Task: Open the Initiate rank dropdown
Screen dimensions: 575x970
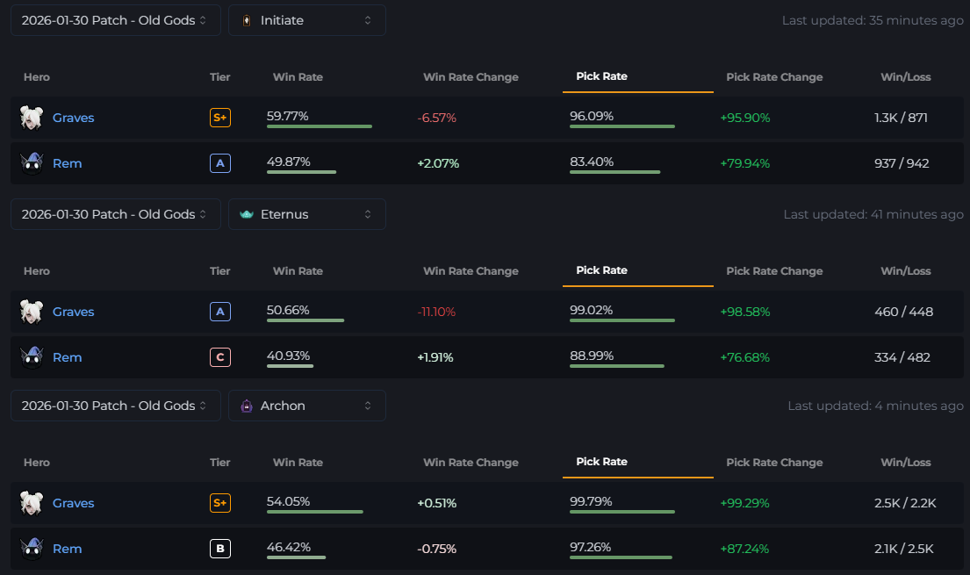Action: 306,20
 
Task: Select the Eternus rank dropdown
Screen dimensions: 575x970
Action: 306,214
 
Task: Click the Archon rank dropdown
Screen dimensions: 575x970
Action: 306,406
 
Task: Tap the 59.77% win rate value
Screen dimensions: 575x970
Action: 288,116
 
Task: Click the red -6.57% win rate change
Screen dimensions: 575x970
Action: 437,118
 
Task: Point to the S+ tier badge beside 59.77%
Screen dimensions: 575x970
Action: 220,118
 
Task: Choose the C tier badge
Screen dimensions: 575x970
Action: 220,357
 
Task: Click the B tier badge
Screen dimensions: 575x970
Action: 220,549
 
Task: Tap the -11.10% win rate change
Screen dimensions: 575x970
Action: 436,312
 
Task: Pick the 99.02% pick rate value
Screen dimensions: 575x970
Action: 592,310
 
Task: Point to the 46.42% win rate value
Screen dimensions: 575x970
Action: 288,547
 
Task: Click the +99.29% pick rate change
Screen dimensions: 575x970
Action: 744,503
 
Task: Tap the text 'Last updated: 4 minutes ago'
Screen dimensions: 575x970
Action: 875,406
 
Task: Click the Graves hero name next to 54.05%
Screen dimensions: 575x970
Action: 73,503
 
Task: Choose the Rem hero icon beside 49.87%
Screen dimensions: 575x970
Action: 32,163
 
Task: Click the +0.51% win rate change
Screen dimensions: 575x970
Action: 436,503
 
